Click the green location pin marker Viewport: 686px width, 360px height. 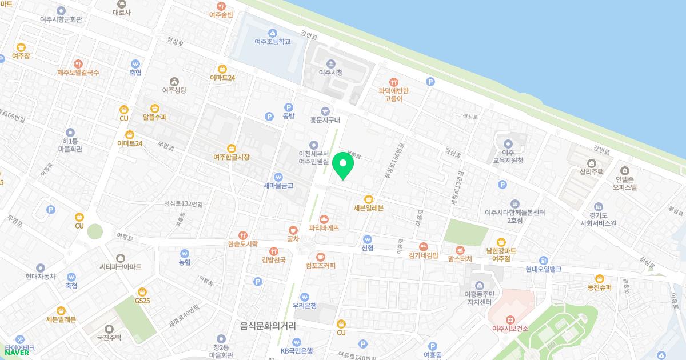pyautogui.click(x=343, y=165)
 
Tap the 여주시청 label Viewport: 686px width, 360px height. pyautogui.click(x=331, y=73)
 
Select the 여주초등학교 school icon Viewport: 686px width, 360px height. pyautogui.click(x=273, y=32)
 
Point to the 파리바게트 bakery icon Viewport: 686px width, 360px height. pyautogui.click(x=324, y=218)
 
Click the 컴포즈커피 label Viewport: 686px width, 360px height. pyautogui.click(x=320, y=266)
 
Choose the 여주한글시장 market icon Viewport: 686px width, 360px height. pyautogui.click(x=231, y=148)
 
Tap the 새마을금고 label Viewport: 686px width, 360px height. pyautogui.click(x=278, y=186)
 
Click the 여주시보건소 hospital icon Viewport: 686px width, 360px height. pyautogui.click(x=510, y=319)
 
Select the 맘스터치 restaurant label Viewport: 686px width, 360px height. pyautogui.click(x=460, y=259)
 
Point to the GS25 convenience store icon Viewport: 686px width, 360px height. pyautogui.click(x=142, y=291)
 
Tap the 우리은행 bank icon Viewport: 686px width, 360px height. pyautogui.click(x=305, y=297)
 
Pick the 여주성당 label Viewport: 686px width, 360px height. pyautogui.click(x=174, y=90)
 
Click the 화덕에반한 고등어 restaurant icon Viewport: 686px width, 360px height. pyautogui.click(x=393, y=82)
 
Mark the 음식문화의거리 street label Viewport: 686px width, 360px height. pyautogui.click(x=268, y=326)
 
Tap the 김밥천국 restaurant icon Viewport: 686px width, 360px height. pyautogui.click(x=274, y=250)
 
